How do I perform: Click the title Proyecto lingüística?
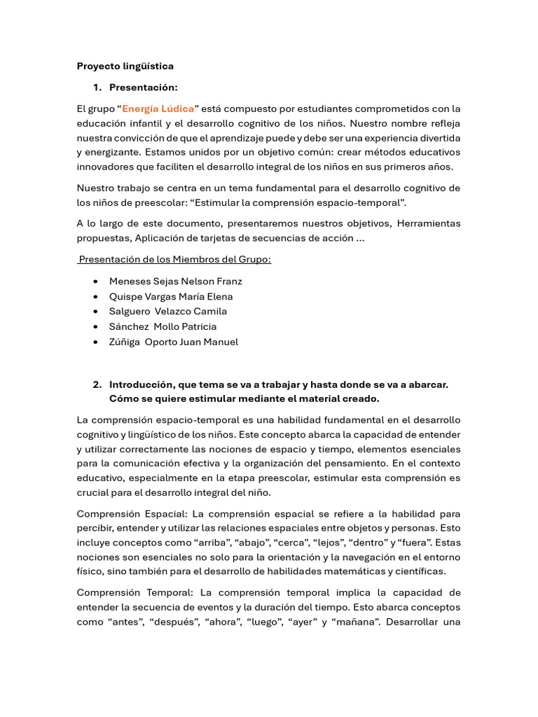point(125,66)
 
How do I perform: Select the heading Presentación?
point(143,88)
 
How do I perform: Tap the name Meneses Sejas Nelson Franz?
point(175,281)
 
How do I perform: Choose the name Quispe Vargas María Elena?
point(171,296)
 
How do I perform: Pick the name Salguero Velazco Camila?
point(168,312)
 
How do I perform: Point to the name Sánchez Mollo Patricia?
point(163,327)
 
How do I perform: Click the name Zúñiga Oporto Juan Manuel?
point(173,342)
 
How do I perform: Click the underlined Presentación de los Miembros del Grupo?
point(174,260)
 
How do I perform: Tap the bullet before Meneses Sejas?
point(95,281)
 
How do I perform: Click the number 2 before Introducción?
point(97,384)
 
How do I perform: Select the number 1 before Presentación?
point(97,88)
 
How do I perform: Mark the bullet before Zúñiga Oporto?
point(95,342)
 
